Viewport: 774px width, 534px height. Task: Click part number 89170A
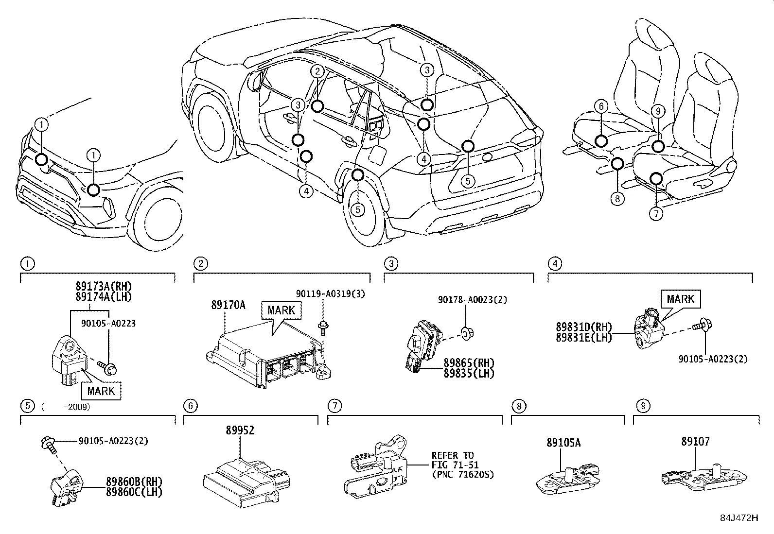228,305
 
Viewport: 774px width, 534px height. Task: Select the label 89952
240,431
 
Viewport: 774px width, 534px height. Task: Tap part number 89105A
563,443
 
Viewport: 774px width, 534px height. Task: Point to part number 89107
695,442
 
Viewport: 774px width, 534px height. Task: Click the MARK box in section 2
281,310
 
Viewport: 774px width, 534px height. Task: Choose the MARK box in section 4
680,299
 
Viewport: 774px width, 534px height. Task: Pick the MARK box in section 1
101,391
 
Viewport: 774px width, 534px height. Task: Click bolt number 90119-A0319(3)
331,293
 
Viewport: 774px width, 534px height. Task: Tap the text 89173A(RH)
104,286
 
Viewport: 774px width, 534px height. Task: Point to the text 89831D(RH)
584,327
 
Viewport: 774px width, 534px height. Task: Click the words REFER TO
452,455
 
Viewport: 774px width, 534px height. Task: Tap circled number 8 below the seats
617,198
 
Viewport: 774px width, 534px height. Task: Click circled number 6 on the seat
601,106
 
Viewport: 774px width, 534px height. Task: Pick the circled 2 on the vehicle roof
317,71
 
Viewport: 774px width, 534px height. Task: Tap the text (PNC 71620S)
462,474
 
